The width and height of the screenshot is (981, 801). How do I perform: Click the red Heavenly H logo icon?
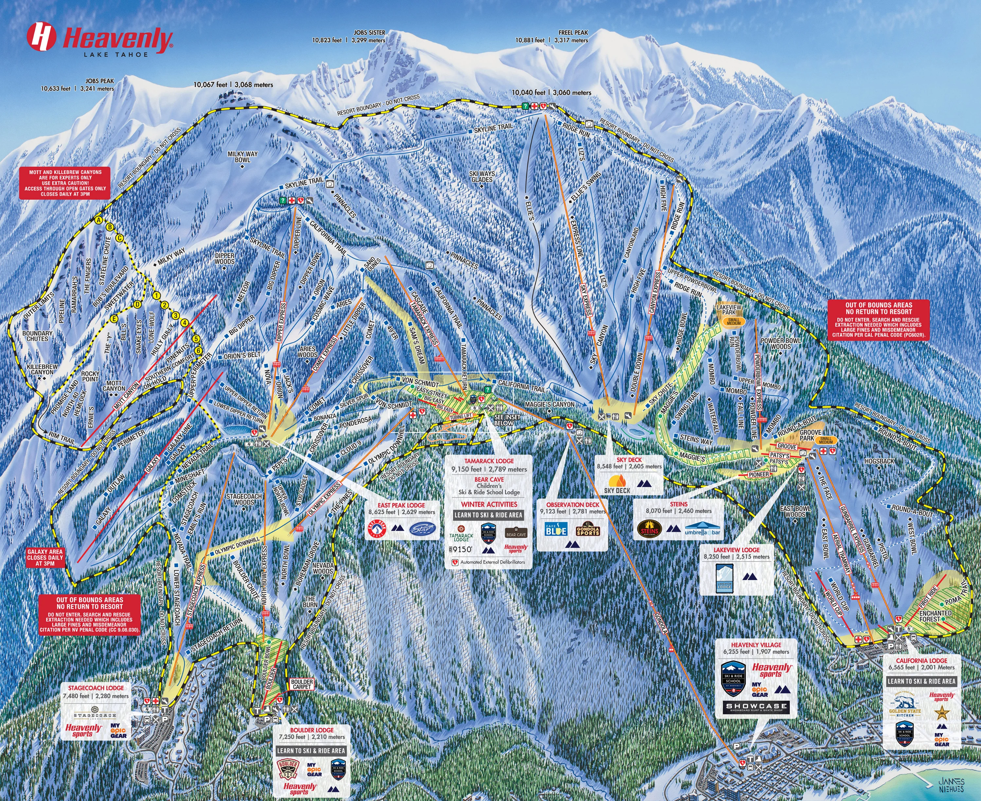click(41, 37)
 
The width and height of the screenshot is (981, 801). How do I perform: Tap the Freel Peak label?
click(573, 33)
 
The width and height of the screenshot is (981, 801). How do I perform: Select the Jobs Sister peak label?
click(369, 33)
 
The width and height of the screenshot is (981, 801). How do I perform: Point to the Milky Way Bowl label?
click(242, 157)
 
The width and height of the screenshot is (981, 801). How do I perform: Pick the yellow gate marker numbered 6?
click(199, 351)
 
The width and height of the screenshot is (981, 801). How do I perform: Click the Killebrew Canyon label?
click(43, 369)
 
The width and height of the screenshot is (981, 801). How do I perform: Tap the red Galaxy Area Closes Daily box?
click(45, 557)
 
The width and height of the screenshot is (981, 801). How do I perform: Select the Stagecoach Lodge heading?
click(96, 688)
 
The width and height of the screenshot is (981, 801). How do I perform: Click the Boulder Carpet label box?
click(302, 684)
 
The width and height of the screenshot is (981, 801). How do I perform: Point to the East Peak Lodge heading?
click(401, 505)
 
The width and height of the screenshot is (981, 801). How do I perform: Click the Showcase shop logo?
click(756, 707)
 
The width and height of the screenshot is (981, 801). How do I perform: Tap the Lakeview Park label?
click(728, 310)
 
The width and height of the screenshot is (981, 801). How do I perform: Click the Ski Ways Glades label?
click(482, 176)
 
